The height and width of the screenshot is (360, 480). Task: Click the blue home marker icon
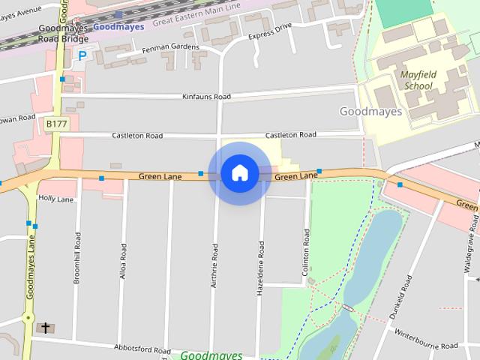pyautogui.click(x=239, y=173)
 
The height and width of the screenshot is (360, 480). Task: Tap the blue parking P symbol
pyautogui.click(x=82, y=55)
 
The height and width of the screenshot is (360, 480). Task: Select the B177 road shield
pyautogui.click(x=55, y=123)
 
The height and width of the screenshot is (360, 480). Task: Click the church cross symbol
pyautogui.click(x=46, y=328)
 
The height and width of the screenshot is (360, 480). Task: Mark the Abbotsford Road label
pyautogui.click(x=143, y=349)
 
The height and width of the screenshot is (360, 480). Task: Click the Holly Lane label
pyautogui.click(x=56, y=199)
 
